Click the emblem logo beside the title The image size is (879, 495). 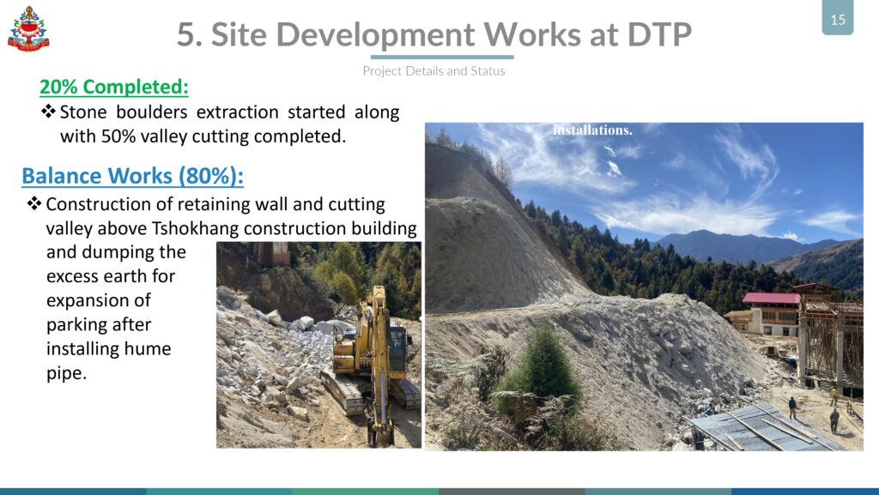click(28, 28)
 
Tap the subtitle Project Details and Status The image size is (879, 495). click(433, 71)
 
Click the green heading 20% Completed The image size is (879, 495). click(114, 87)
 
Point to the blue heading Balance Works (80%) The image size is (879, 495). click(132, 176)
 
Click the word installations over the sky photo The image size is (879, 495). click(592, 130)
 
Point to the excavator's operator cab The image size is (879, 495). click(397, 349)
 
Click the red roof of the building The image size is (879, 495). click(772, 299)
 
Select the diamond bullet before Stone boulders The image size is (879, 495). click(48, 111)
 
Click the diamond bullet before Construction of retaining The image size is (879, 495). click(34, 203)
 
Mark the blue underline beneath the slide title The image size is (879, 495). click(442, 57)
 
